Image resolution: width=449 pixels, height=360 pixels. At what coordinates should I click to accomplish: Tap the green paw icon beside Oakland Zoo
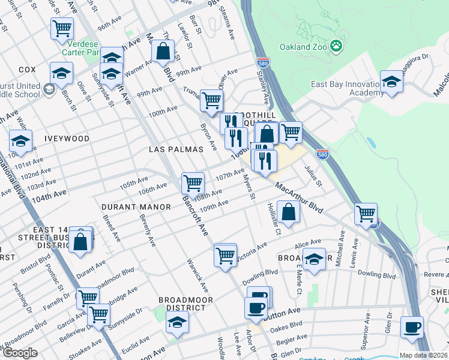click(337, 46)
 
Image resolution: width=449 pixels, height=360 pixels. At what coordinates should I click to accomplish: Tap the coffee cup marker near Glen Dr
click(412, 327)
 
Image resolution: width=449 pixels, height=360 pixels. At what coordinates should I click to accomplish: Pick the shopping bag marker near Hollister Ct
click(289, 212)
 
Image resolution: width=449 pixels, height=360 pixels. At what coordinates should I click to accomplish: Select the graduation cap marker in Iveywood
click(20, 142)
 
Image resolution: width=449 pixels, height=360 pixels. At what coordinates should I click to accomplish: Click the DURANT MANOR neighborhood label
click(136, 206)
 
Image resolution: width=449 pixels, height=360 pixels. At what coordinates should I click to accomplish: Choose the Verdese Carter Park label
click(85, 49)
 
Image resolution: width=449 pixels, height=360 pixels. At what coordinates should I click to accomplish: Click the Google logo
click(20, 353)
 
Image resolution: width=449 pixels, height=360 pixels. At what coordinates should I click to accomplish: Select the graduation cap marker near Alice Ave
click(314, 259)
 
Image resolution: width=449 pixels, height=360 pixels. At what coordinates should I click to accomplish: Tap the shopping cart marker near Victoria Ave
click(225, 255)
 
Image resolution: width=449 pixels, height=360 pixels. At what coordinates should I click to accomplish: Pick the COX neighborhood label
click(27, 70)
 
